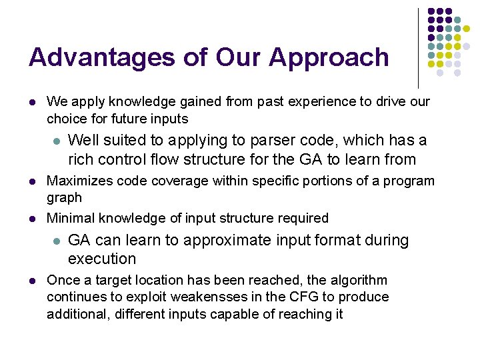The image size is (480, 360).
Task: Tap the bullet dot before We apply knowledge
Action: click(x=32, y=102)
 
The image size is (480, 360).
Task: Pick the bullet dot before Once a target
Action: click(x=32, y=280)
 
